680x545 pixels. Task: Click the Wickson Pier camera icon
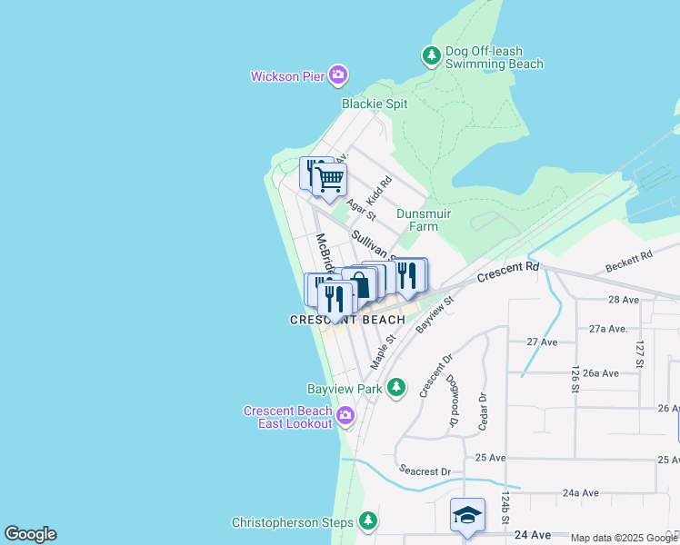[x=338, y=75]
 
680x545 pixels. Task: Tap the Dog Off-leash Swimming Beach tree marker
[x=432, y=56]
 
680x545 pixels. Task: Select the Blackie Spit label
[x=375, y=104]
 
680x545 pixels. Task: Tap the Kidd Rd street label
[x=378, y=190]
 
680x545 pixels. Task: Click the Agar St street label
[x=361, y=211]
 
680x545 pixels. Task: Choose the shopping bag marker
[x=360, y=283]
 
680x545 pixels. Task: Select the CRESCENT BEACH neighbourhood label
[x=347, y=320]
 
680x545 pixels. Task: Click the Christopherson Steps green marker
[x=368, y=521]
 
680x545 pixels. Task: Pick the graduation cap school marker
[x=467, y=514]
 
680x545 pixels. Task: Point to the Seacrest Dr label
[x=425, y=471]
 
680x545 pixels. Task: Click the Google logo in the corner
[x=30, y=534]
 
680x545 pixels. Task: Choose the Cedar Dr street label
[x=483, y=410]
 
